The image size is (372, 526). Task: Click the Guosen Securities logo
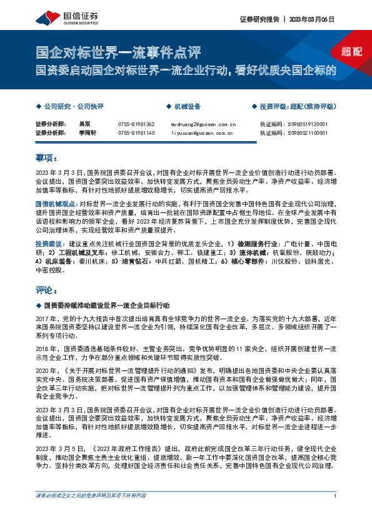[x=61, y=17]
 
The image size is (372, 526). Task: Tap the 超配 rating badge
[x=352, y=52]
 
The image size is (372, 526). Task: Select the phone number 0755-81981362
[x=136, y=124]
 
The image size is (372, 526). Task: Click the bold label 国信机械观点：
[x=56, y=204]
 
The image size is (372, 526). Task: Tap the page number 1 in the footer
[x=336, y=513]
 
